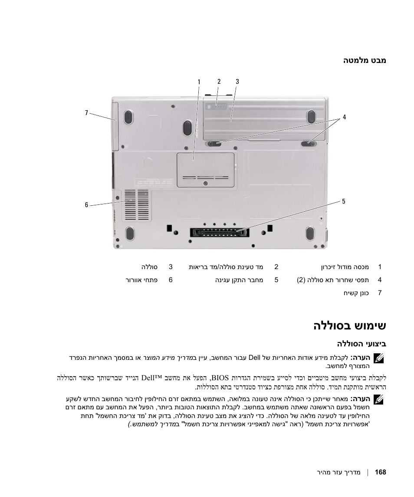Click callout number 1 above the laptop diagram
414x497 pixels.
point(199,82)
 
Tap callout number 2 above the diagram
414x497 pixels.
point(219,82)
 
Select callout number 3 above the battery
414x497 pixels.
point(237,82)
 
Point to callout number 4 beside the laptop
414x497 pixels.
point(344,117)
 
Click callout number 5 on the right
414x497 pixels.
point(343,201)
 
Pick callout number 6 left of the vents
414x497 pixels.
point(86,205)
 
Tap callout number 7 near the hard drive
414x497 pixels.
point(86,113)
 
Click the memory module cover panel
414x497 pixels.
point(206,170)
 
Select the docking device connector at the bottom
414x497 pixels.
point(219,232)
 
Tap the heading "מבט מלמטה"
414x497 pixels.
point(365,61)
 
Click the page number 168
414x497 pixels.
point(380,472)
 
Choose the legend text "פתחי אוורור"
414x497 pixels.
point(141,280)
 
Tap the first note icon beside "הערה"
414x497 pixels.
point(379,359)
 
